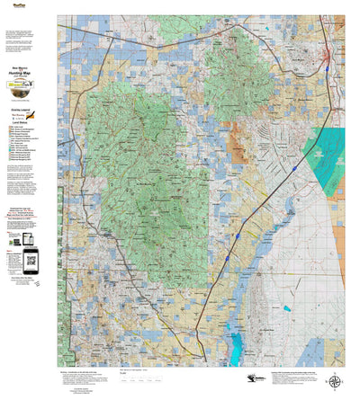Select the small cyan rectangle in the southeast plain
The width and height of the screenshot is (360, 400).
[287, 309]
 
